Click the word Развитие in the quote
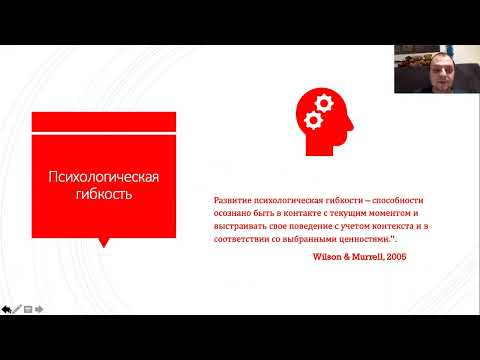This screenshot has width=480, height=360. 234,200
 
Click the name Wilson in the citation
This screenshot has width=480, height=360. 332,258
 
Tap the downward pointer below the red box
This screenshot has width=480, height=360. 105,240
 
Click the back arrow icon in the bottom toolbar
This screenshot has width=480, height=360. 6,308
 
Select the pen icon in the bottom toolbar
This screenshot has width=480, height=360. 17,308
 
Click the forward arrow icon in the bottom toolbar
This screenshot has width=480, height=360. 38,308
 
